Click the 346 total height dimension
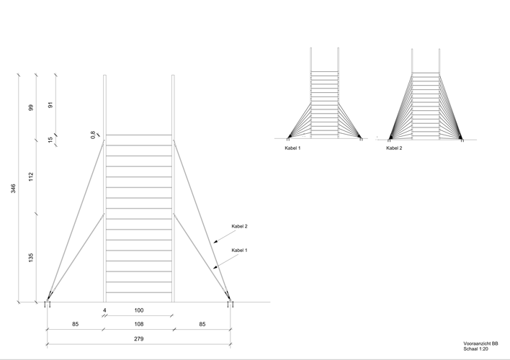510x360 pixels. [14, 189]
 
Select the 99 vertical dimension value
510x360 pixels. [31, 107]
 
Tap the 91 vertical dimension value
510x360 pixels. [50, 105]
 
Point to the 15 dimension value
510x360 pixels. [50, 140]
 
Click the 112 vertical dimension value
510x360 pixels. [31, 177]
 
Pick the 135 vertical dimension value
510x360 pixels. [31, 258]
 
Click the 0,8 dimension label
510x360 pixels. [93, 135]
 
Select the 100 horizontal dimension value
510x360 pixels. [139, 310]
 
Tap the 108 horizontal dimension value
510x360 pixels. [139, 324]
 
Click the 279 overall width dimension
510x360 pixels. [139, 339]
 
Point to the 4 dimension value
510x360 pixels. [104, 310]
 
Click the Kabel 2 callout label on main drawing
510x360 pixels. [239, 226]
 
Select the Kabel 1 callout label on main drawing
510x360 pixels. [239, 251]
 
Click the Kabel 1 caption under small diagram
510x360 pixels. [292, 148]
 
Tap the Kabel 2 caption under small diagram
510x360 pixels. [394, 148]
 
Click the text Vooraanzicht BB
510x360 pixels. [480, 343]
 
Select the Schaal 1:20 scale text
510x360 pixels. [476, 349]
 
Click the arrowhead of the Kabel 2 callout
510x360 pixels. [215, 241]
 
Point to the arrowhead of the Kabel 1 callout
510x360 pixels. [215, 267]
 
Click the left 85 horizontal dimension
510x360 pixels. [75, 324]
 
